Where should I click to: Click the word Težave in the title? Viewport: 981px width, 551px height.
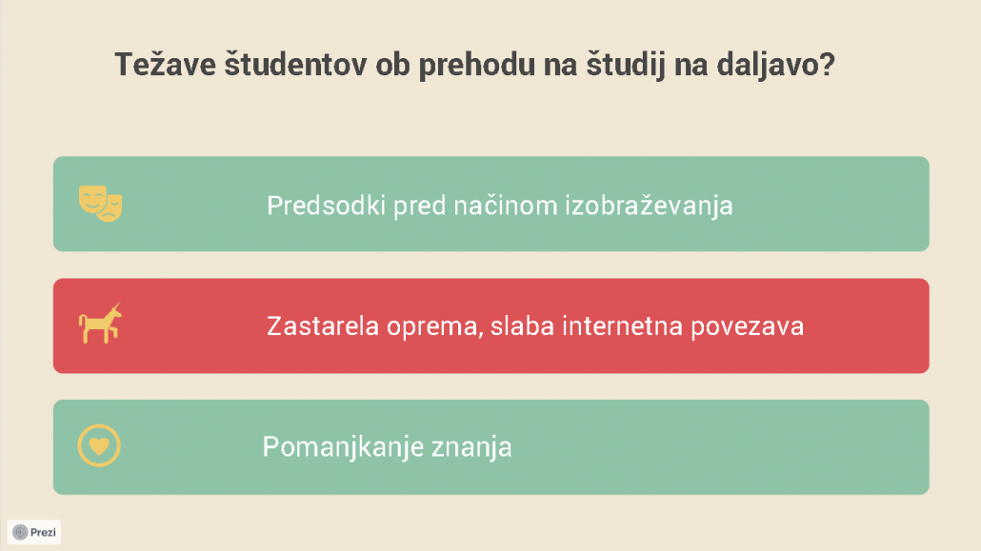tap(165, 65)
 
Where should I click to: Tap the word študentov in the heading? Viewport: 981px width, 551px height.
tap(295, 65)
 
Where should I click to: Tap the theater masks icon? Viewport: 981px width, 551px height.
tap(100, 204)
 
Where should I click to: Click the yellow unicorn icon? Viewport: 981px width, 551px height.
tap(100, 324)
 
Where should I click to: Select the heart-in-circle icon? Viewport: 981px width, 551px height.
tap(99, 445)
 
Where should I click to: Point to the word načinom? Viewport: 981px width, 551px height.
tap(505, 206)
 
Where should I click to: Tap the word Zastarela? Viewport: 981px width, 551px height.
tap(323, 325)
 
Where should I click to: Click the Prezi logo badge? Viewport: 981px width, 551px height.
tap(34, 532)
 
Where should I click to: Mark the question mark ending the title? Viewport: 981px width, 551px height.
tap(828, 65)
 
